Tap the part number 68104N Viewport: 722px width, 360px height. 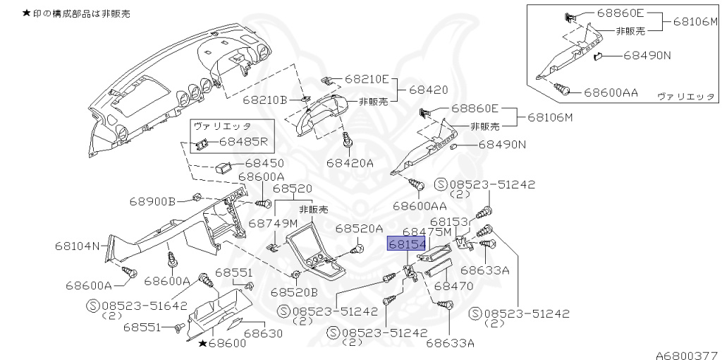[79, 246]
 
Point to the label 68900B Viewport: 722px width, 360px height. [152, 201]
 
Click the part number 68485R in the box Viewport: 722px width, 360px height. [244, 141]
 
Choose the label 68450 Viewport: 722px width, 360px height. [264, 164]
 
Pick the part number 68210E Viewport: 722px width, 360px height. [366, 79]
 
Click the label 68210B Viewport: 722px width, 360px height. [265, 100]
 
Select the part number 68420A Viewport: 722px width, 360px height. [350, 163]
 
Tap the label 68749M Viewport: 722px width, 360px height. [271, 222]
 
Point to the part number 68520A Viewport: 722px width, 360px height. [359, 228]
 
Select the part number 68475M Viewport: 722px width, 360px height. [427, 232]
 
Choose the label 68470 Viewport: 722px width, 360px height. [453, 287]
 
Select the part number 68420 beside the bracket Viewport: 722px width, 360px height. [429, 90]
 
